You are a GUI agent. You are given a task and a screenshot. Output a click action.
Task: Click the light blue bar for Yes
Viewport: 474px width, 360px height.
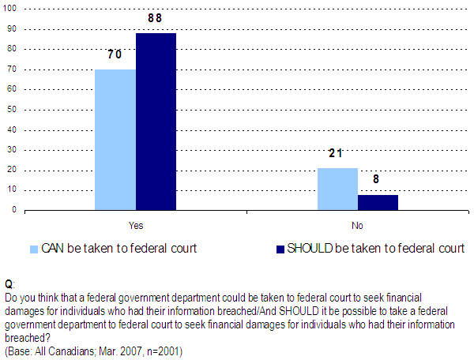click(115, 140)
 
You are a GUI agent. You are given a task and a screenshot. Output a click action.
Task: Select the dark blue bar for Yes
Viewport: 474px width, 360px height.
click(156, 122)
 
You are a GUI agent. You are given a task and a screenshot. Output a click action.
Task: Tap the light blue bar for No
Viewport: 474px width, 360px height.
click(338, 189)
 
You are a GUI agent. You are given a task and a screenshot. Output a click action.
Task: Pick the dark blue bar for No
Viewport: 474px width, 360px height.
click(378, 202)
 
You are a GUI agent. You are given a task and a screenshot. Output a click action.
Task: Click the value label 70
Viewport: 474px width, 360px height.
click(115, 55)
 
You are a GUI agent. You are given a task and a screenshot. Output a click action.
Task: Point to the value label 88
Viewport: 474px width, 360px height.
click(156, 19)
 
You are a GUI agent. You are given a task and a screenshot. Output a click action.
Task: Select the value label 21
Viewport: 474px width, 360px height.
click(338, 154)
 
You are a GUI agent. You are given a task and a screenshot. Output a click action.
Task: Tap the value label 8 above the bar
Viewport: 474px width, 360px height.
click(378, 180)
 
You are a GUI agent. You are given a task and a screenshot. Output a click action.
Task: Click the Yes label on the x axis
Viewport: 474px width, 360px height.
click(135, 225)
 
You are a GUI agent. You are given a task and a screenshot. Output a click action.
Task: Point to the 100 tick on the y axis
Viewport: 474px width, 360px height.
click(11, 9)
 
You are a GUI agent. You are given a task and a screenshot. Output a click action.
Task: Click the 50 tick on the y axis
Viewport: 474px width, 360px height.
click(13, 110)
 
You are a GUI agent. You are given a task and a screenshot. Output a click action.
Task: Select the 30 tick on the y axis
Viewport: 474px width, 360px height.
click(13, 150)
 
